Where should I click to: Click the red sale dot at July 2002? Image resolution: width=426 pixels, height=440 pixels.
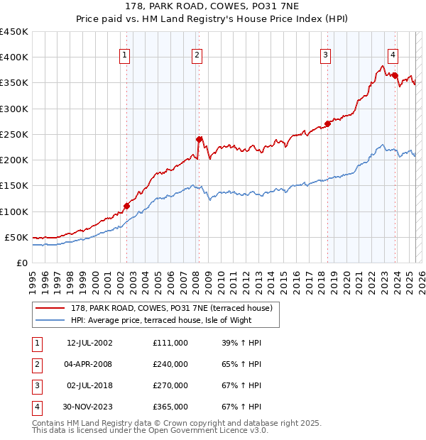127,206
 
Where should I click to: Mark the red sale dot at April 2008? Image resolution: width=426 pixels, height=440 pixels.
200,139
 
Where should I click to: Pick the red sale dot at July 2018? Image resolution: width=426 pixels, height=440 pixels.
328,123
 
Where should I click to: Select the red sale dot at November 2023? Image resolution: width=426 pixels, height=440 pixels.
395,75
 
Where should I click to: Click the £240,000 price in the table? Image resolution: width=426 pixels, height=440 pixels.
170,364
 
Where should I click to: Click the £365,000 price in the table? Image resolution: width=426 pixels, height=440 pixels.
170,407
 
